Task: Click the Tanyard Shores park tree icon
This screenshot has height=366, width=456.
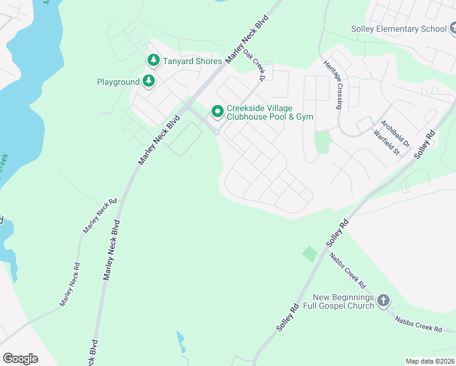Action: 153,60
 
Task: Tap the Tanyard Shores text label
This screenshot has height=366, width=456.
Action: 192,61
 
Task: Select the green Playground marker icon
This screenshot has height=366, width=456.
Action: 148,81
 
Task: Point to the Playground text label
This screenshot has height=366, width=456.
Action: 118,82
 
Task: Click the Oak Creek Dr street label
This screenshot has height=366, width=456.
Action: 254,65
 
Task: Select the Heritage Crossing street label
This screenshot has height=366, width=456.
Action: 332,85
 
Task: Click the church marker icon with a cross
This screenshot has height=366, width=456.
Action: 383,300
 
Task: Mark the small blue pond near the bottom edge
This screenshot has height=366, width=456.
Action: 180,342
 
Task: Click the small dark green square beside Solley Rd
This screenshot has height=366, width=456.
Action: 310,253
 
